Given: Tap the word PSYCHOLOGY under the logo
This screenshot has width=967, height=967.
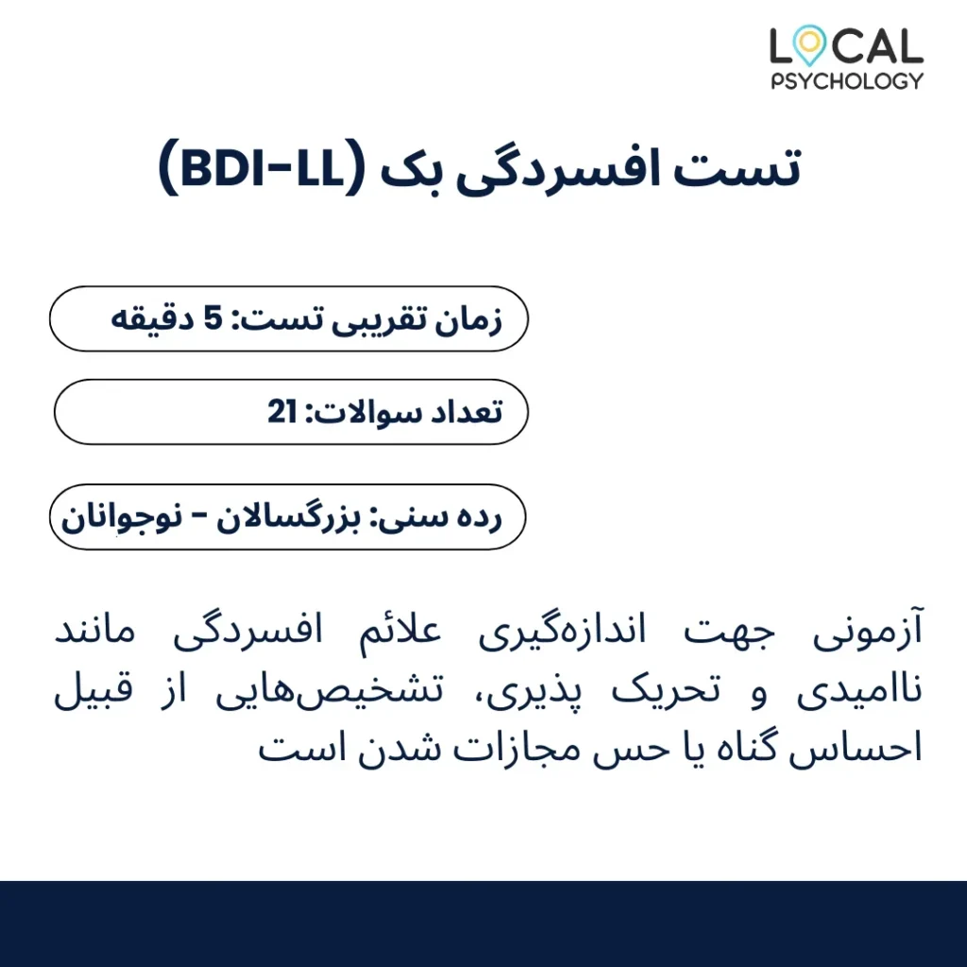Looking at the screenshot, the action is tap(847, 81).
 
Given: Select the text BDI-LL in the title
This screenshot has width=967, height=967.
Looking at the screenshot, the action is tap(263, 168).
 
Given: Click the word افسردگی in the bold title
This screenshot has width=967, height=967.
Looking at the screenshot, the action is tap(558, 171).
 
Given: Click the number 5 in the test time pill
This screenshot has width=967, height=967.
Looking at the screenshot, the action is tap(212, 318).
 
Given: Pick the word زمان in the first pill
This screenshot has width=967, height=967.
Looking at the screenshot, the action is tap(468, 321).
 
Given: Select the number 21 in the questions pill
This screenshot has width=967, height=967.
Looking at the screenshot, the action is tap(282, 412).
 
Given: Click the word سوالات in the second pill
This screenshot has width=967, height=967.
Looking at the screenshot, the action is tap(358, 412).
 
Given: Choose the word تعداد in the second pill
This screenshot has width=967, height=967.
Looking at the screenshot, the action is tap(458, 412).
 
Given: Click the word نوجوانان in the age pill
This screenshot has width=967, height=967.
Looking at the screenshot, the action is tap(122, 518).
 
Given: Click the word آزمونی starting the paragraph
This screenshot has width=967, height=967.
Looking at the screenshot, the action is tap(868, 631).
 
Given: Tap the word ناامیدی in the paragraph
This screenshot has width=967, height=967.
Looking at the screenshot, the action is tap(859, 689).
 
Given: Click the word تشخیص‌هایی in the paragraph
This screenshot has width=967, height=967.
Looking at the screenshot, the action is tap(330, 690).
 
